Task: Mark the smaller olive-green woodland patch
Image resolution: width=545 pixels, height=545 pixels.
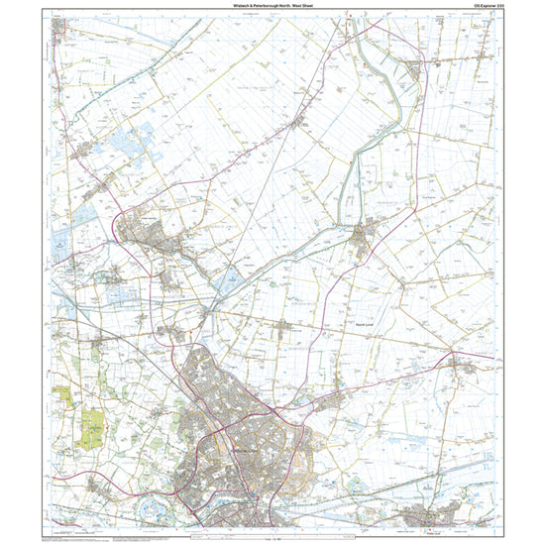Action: click(x=65, y=394)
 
